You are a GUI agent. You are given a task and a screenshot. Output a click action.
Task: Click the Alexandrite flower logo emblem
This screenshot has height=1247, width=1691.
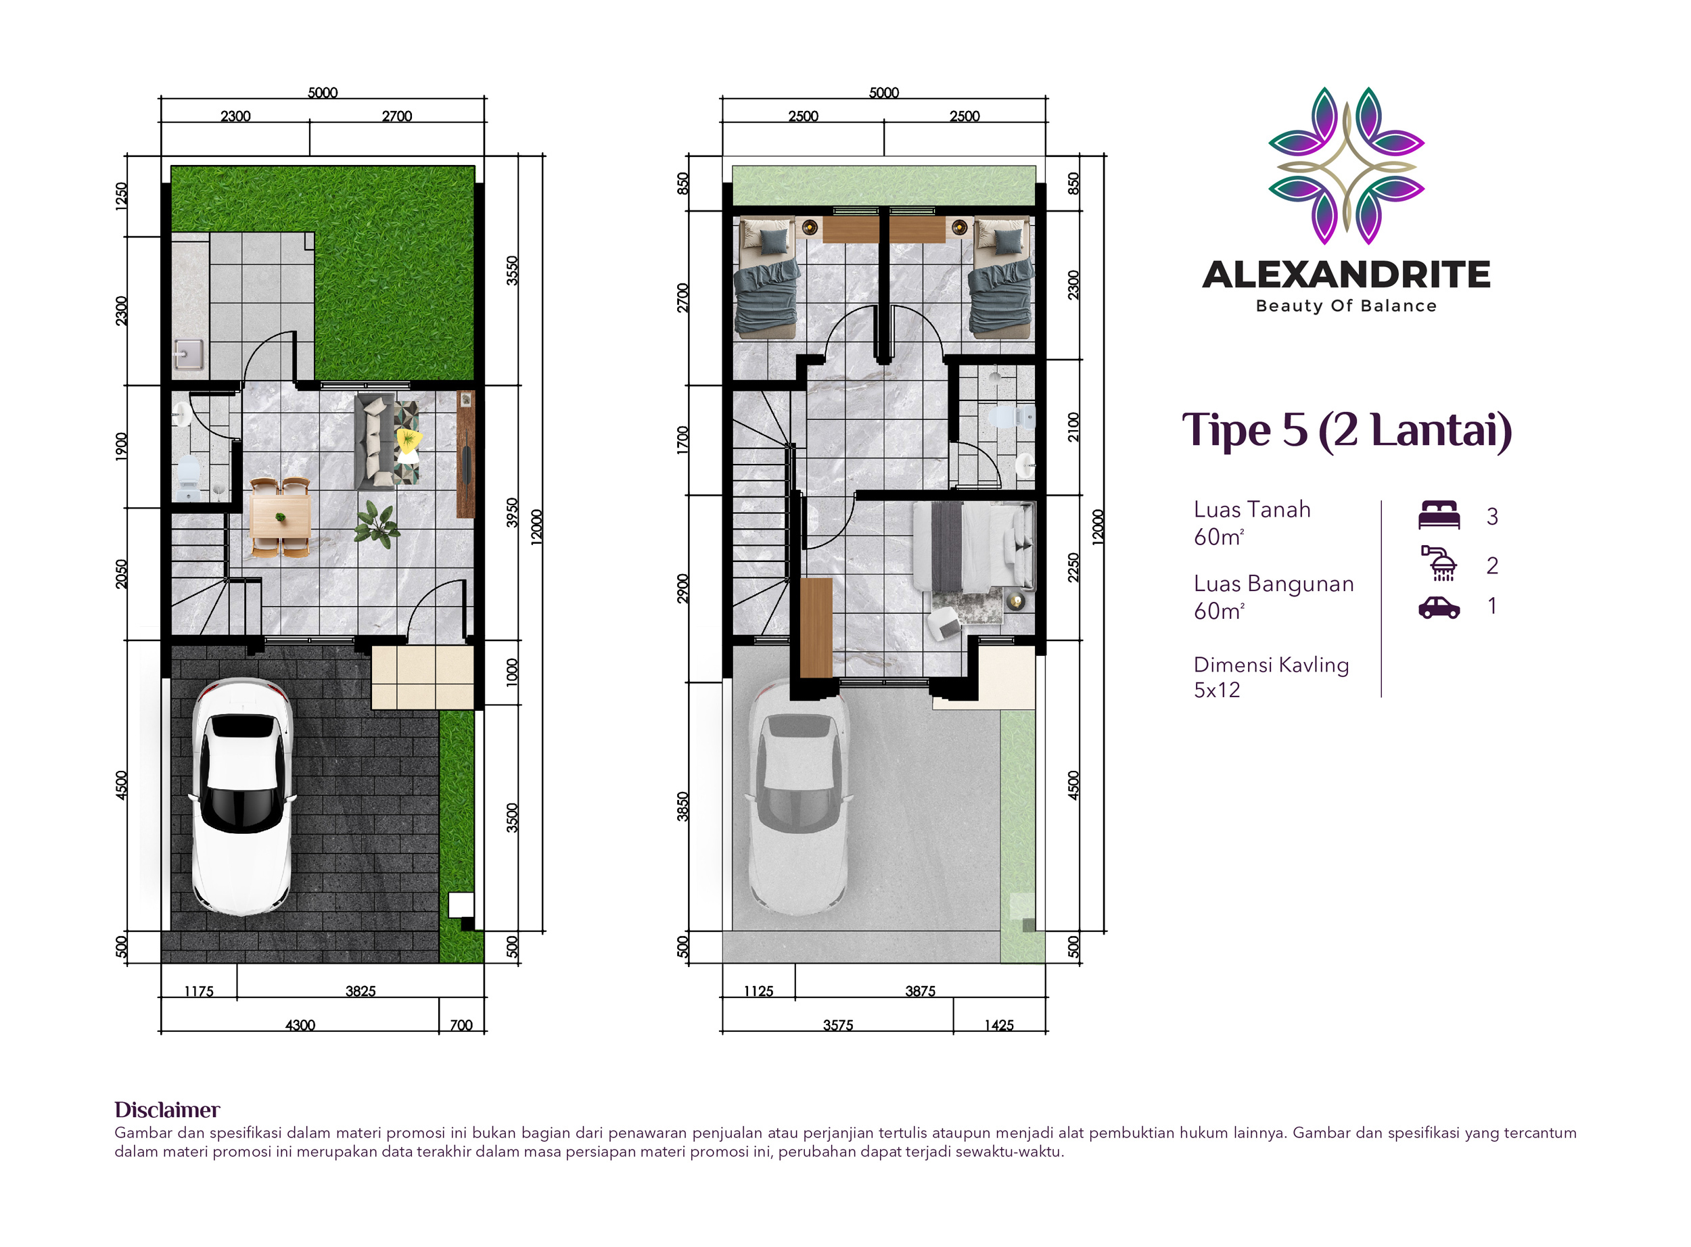point(1346,165)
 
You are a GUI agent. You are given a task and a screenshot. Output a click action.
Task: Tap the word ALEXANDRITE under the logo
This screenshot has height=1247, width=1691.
point(1346,275)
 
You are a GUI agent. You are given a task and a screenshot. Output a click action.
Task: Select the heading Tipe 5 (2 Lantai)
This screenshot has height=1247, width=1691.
point(1347,430)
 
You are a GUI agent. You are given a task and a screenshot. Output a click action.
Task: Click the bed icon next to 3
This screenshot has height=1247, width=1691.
point(1439,515)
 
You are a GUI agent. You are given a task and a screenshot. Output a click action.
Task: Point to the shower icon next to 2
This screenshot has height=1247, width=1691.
point(1439,564)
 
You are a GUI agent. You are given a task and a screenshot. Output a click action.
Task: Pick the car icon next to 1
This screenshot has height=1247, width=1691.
point(1439,608)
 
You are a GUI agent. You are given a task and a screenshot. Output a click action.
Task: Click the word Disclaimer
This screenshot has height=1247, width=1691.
point(167,1110)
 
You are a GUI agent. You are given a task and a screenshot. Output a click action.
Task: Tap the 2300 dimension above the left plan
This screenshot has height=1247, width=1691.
point(235,116)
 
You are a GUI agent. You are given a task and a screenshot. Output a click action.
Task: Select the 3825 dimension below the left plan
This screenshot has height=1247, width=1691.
point(361,992)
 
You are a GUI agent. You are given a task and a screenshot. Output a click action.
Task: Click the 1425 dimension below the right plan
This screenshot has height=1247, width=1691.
point(999,1026)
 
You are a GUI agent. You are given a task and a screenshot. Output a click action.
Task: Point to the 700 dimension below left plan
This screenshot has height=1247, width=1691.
point(461,1026)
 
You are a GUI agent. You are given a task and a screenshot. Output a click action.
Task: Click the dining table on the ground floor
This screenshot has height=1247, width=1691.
point(281,517)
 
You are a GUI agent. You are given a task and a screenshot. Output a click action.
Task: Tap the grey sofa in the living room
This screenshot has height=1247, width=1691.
point(375,442)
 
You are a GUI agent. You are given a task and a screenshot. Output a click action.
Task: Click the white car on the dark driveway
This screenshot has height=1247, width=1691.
point(241,797)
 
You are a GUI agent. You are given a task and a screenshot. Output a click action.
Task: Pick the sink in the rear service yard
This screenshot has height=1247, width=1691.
point(189,354)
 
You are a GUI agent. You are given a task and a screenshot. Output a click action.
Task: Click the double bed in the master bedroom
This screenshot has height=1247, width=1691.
point(974,547)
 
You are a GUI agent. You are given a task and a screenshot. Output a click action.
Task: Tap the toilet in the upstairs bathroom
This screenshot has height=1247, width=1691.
point(1012,417)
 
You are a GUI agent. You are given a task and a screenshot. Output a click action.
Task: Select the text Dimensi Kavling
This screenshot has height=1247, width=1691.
point(1271,665)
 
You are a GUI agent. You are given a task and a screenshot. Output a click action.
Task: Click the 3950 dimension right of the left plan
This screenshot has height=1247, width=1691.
point(513,513)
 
